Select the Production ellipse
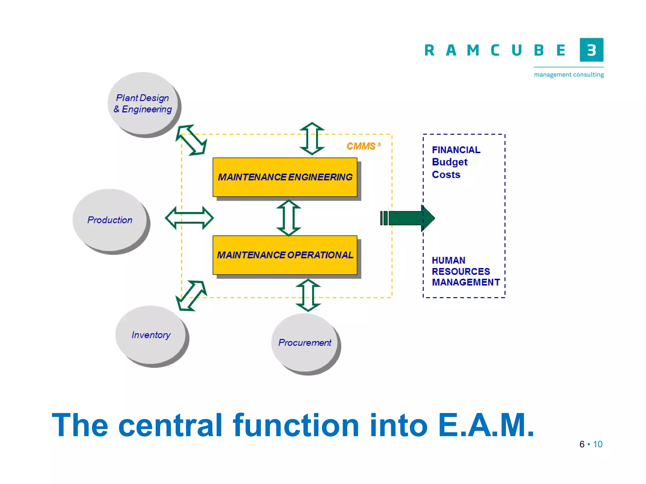pyautogui.click(x=109, y=220)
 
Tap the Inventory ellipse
pyautogui.click(x=150, y=334)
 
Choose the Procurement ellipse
pyautogui.click(x=304, y=342)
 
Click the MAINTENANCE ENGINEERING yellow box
pyautogui.click(x=285, y=177)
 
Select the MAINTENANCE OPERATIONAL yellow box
pyautogui.click(x=285, y=255)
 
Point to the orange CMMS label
pyautogui.click(x=361, y=146)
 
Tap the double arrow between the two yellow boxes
pyautogui.click(x=289, y=218)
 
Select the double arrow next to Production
pyautogui.click(x=189, y=218)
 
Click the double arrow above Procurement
pyautogui.click(x=308, y=295)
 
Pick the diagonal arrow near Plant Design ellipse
pyautogui.click(x=191, y=140)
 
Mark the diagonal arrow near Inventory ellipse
pyautogui.click(x=191, y=296)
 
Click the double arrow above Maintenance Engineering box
pyautogui.click(x=312, y=139)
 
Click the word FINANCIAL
pyautogui.click(x=456, y=150)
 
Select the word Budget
pyautogui.click(x=449, y=162)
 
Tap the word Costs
pyautogui.click(x=446, y=175)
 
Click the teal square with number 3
pyautogui.click(x=591, y=50)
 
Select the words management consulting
pyautogui.click(x=569, y=75)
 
